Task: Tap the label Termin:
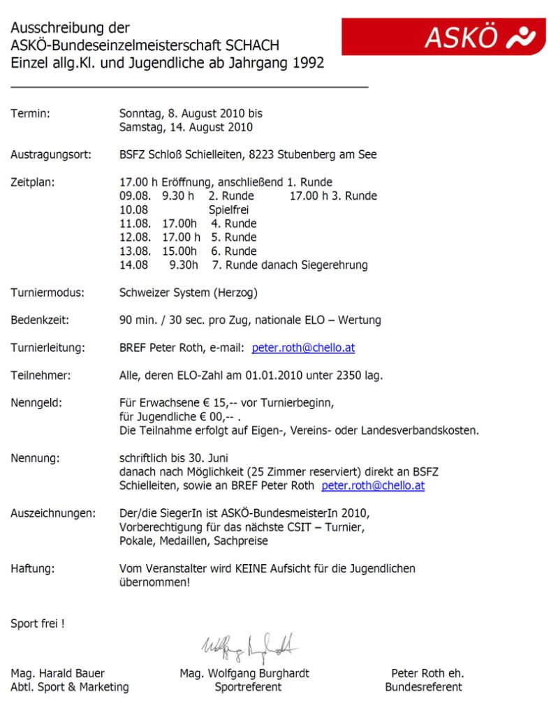pos(30,113)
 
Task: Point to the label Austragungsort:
pos(50,154)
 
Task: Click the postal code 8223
pos(297,154)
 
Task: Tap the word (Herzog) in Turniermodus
pos(242,293)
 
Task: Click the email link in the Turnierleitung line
pos(303,347)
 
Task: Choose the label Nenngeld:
pos(36,403)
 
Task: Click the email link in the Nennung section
pos(373,485)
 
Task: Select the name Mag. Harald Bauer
pos(57,673)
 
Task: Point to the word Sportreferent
pos(248,687)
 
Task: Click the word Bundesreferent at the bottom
pos(423,687)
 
